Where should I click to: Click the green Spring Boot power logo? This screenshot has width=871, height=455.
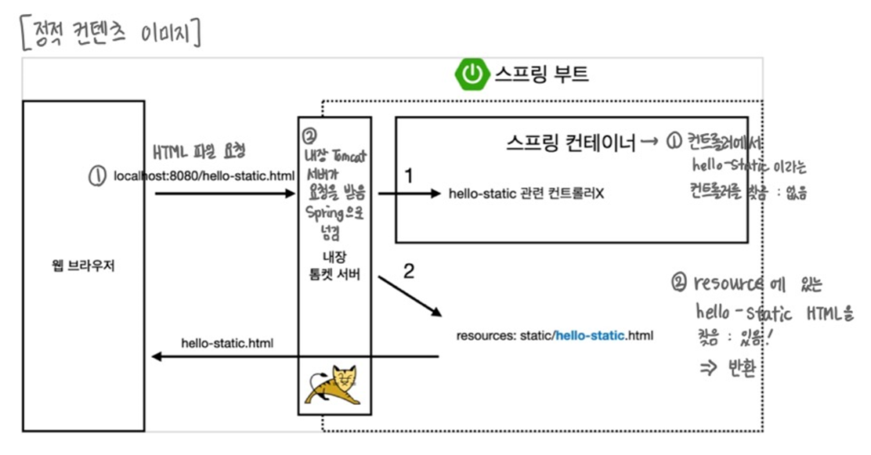(471, 75)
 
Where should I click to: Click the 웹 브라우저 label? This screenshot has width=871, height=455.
(82, 265)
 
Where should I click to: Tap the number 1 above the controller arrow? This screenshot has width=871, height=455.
(408, 175)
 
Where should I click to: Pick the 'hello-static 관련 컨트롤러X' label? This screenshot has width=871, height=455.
(526, 193)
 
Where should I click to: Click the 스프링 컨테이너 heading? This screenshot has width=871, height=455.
(569, 143)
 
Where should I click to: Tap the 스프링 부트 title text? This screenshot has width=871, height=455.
(541, 75)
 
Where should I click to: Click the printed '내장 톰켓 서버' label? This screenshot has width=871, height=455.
(334, 266)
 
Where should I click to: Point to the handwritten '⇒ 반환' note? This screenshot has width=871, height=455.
(726, 368)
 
